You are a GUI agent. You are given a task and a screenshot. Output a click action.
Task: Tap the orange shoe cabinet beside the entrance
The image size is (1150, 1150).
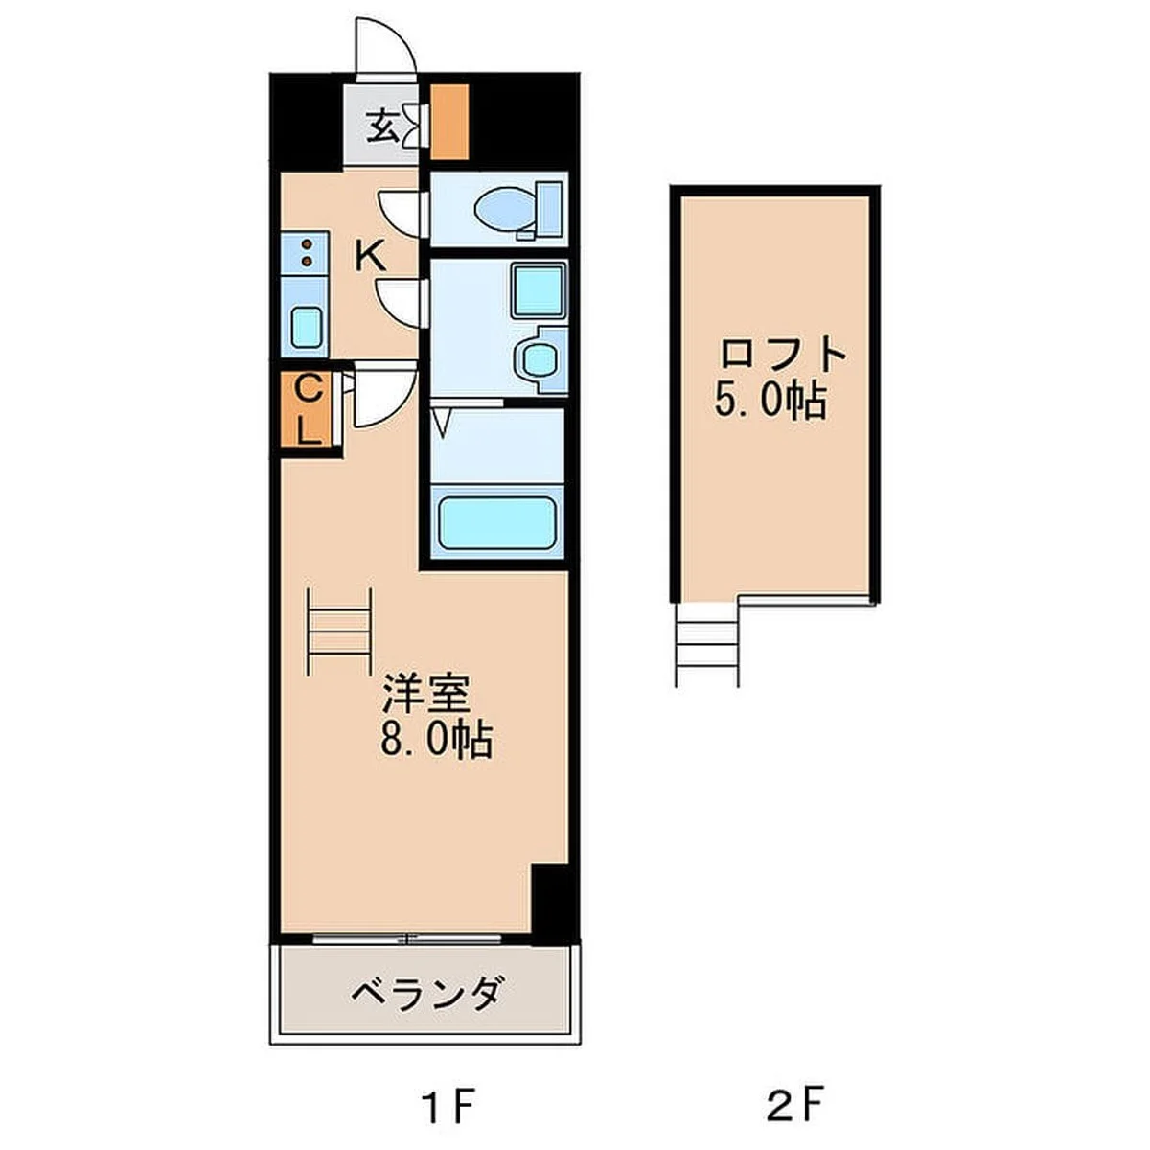(x=448, y=122)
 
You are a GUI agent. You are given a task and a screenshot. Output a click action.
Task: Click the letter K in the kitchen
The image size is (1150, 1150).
(x=370, y=256)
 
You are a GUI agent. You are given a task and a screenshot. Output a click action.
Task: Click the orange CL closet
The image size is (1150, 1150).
(x=307, y=409)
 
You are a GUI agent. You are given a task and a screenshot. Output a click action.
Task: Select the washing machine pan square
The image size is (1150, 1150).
(x=538, y=289)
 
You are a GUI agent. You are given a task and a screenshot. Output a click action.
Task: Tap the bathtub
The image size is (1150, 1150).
(x=495, y=522)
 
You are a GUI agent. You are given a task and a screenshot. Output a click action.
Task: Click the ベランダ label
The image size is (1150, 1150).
(x=425, y=994)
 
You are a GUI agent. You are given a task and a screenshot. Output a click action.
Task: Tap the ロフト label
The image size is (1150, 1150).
(x=783, y=356)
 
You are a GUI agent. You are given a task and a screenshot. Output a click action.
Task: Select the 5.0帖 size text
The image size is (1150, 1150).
(x=769, y=400)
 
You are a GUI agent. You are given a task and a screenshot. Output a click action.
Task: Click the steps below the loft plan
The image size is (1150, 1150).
(x=707, y=644)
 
